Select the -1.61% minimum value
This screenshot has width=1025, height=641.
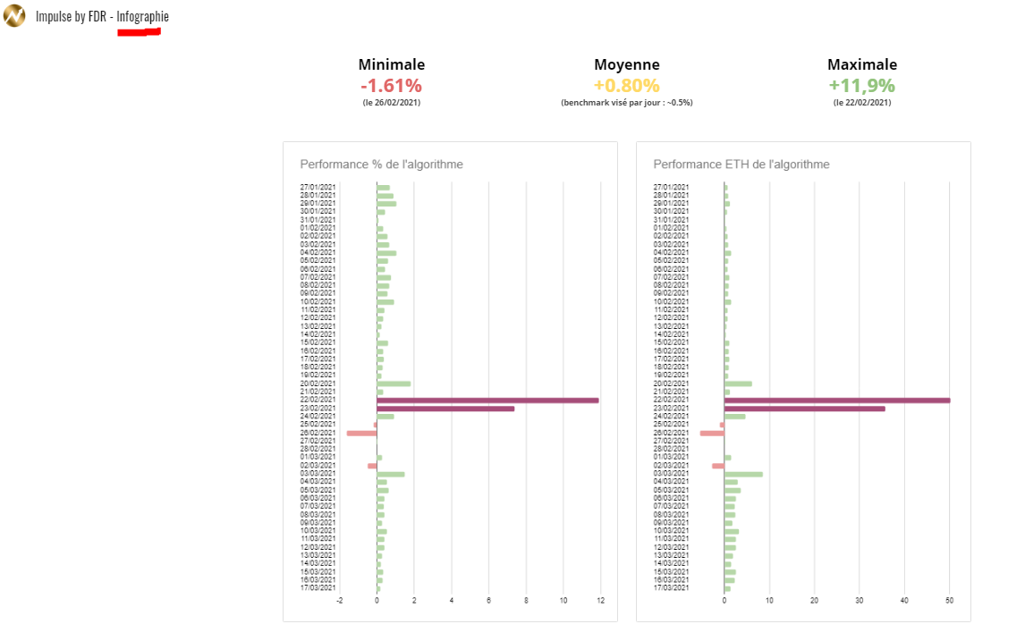point(391,86)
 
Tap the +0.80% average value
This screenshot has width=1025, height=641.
point(626,86)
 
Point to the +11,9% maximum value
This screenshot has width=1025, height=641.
point(861,86)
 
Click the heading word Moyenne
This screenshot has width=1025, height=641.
point(626,64)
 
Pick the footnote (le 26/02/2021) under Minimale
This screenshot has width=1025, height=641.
point(391,103)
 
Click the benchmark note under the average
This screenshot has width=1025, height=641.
point(626,103)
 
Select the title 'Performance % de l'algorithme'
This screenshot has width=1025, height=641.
point(381,164)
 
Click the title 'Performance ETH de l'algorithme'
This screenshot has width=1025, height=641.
point(741,164)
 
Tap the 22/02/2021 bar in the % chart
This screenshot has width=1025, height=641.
point(487,401)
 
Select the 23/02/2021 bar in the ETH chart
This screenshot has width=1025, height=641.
point(804,409)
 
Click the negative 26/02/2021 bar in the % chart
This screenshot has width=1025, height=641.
point(361,433)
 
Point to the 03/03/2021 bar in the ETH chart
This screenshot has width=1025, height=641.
point(743,474)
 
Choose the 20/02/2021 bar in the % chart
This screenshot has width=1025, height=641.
point(394,384)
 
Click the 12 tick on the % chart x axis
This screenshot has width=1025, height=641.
point(601,601)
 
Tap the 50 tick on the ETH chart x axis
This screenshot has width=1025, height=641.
point(950,601)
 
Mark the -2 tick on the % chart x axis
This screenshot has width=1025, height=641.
point(340,601)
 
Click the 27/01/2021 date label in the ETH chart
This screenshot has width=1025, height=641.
point(672,187)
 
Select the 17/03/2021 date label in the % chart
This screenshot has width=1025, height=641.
point(318,587)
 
